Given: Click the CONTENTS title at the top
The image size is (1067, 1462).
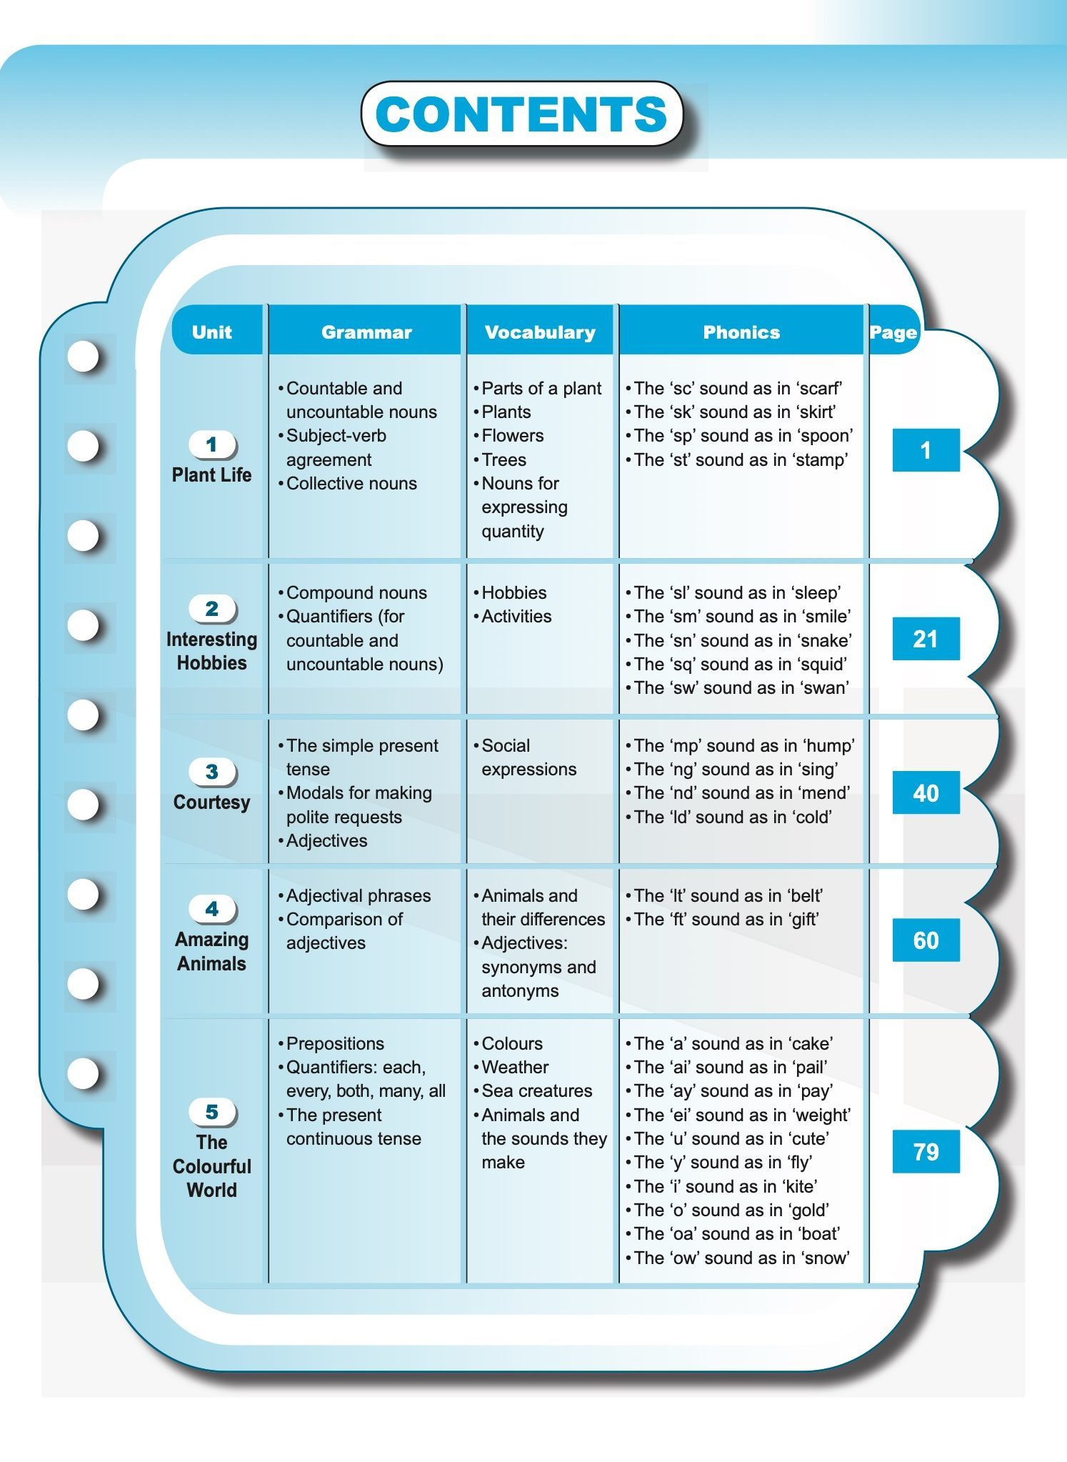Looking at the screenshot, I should click(x=521, y=114).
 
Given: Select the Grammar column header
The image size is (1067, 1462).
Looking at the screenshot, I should click(x=366, y=332).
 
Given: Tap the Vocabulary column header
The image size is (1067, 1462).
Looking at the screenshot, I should click(x=540, y=332).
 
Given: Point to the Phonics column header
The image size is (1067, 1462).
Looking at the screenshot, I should click(x=741, y=332).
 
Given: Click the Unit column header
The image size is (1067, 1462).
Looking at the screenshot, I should click(x=212, y=332).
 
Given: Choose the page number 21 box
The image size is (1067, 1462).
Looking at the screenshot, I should click(x=926, y=639).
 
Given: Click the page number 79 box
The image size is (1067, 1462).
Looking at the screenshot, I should click(x=926, y=1151).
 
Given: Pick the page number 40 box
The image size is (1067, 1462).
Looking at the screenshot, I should click(x=926, y=793).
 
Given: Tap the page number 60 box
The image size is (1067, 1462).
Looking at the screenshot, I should click(x=926, y=940).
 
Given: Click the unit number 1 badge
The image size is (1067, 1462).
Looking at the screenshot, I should click(x=212, y=444).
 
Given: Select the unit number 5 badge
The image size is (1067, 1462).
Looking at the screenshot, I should click(x=212, y=1112).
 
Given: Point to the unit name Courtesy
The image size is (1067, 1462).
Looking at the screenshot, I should click(x=212, y=802).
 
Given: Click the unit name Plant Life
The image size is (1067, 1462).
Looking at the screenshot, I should click(x=212, y=475).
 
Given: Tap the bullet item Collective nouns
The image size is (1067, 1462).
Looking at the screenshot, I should click(x=351, y=484).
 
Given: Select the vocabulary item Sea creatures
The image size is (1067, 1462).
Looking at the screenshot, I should click(x=537, y=1091).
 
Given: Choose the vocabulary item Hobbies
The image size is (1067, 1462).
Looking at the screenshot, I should click(x=514, y=593).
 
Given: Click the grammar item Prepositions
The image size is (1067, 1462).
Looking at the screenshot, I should click(x=335, y=1044).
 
